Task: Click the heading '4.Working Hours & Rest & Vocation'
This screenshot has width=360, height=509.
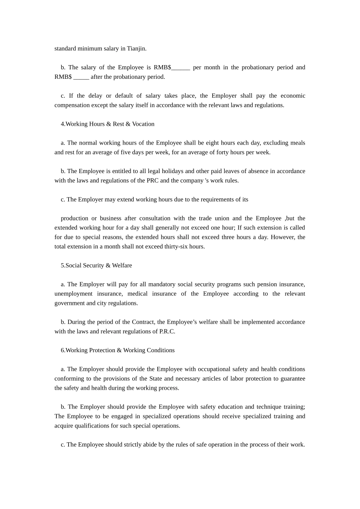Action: tap(108, 124)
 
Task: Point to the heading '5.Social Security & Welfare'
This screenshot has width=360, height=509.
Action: tap(96, 265)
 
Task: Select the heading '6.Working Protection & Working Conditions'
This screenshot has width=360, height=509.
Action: tap(117, 350)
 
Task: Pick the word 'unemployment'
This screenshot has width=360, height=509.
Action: tap(73, 294)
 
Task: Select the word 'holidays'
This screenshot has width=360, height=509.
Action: tap(173, 171)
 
